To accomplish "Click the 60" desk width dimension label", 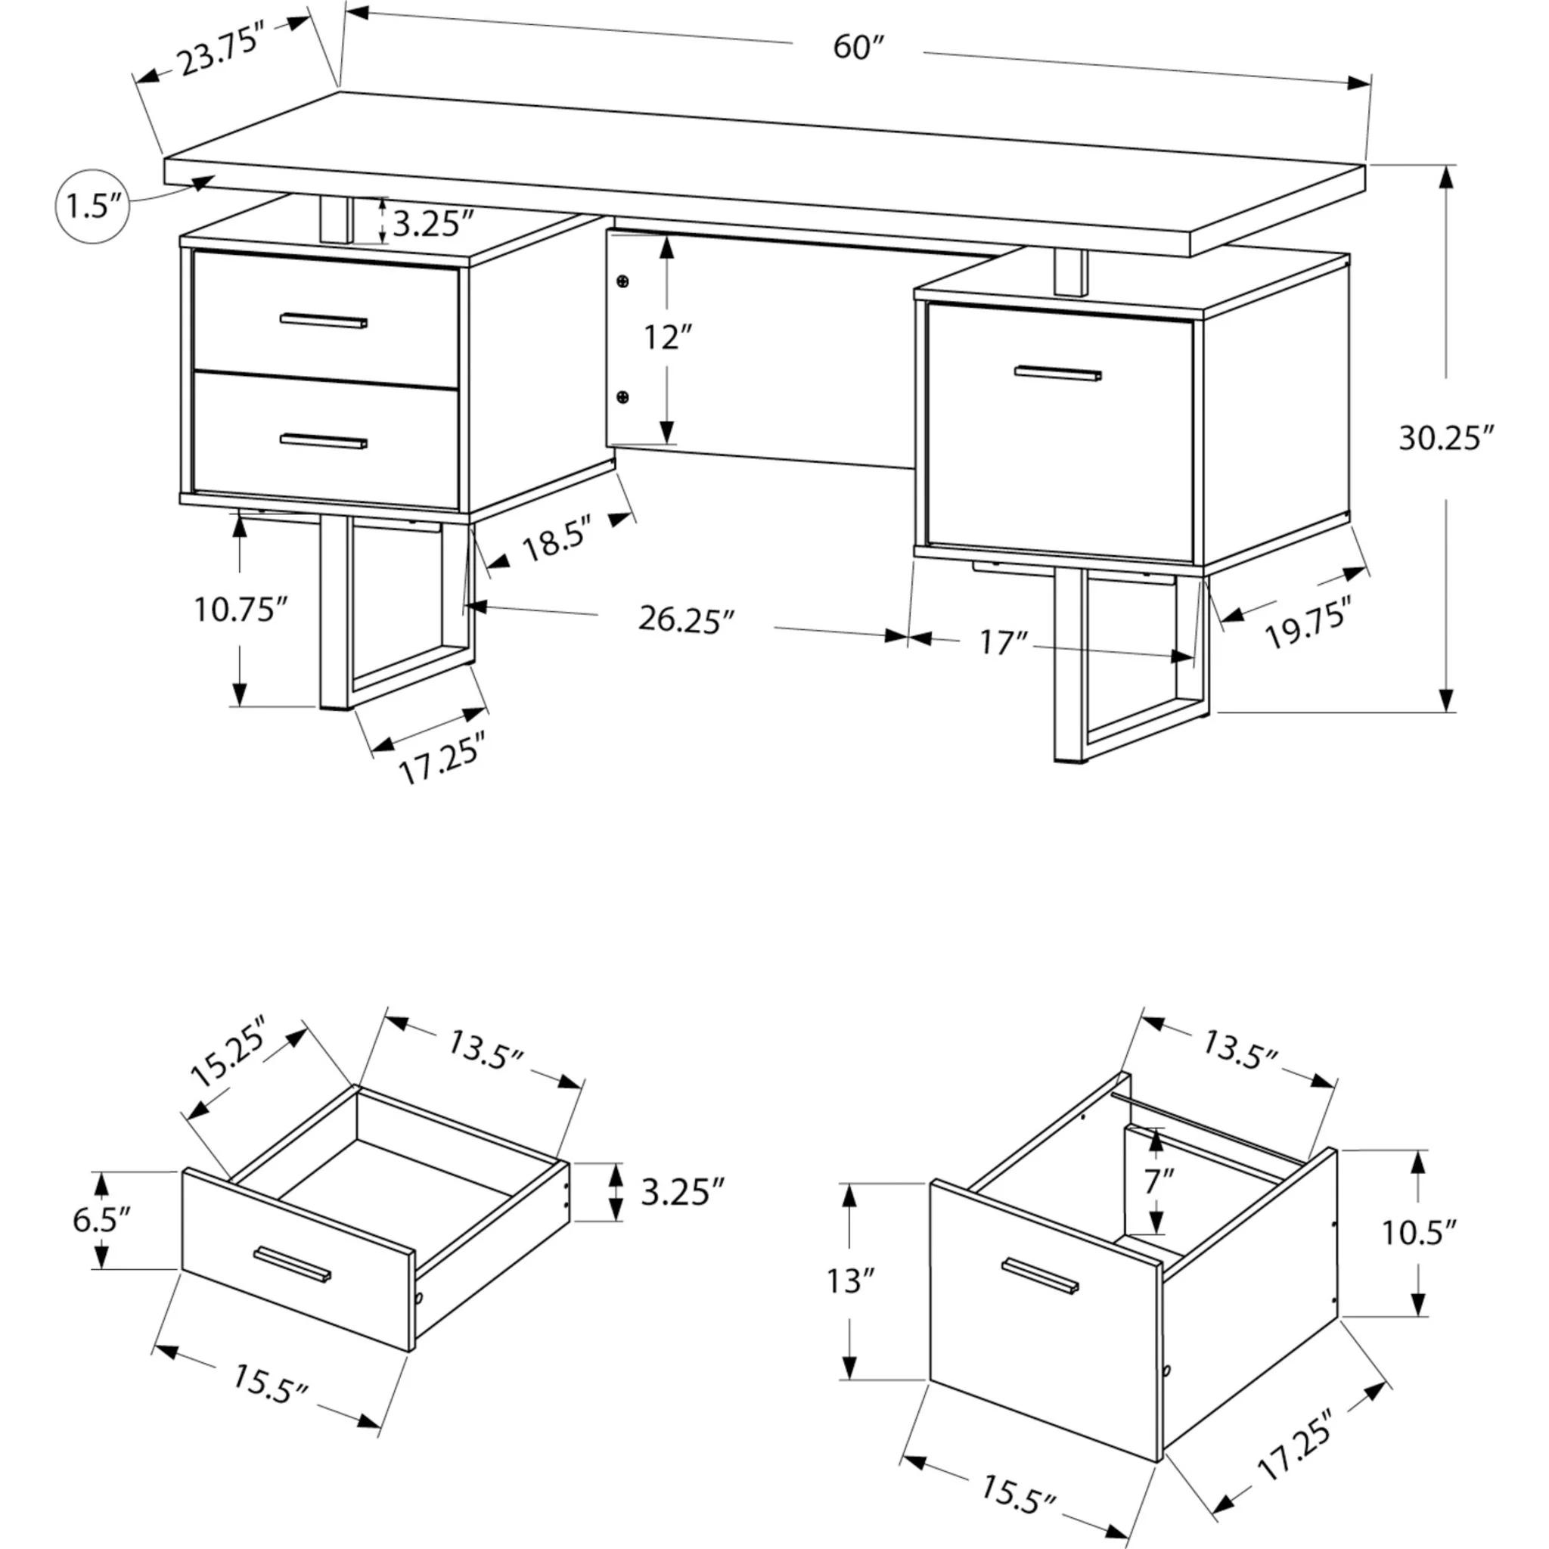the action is [857, 48].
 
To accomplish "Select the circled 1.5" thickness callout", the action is [92, 206].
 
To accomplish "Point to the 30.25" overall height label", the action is [1446, 439].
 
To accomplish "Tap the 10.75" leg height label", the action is [240, 610].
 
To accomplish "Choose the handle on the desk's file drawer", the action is [1057, 374].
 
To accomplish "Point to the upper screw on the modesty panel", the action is [622, 281].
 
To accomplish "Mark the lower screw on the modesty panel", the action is [622, 397].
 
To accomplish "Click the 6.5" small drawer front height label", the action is [101, 1220].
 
